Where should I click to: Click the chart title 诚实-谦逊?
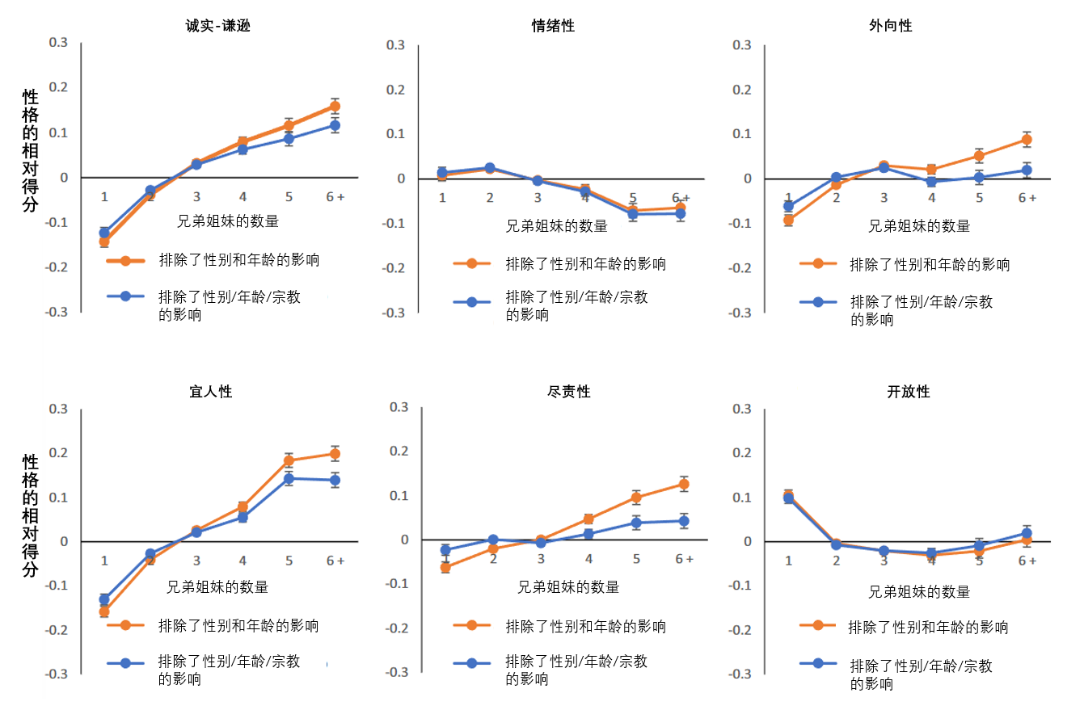pyautogui.click(x=217, y=26)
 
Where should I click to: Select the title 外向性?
pyautogui.click(x=896, y=26)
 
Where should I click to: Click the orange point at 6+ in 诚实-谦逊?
pyautogui.click(x=335, y=106)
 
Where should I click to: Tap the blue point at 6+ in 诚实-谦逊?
pyautogui.click(x=335, y=125)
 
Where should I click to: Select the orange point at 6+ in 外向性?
pyautogui.click(x=1027, y=140)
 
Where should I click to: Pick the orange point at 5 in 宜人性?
pyautogui.click(x=289, y=461)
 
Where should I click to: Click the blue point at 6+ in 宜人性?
pyautogui.click(x=335, y=481)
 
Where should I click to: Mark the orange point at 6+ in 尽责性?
pyautogui.click(x=684, y=485)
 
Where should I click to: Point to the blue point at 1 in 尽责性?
pyautogui.click(x=445, y=550)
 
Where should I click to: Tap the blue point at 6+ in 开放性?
pyautogui.click(x=1027, y=533)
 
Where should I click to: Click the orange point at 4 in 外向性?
pyautogui.click(x=931, y=170)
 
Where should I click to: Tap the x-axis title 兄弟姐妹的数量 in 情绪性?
pyautogui.click(x=556, y=226)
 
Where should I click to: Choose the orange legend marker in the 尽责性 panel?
pyautogui.click(x=474, y=625)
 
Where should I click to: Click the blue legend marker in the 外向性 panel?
pyautogui.click(x=818, y=302)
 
